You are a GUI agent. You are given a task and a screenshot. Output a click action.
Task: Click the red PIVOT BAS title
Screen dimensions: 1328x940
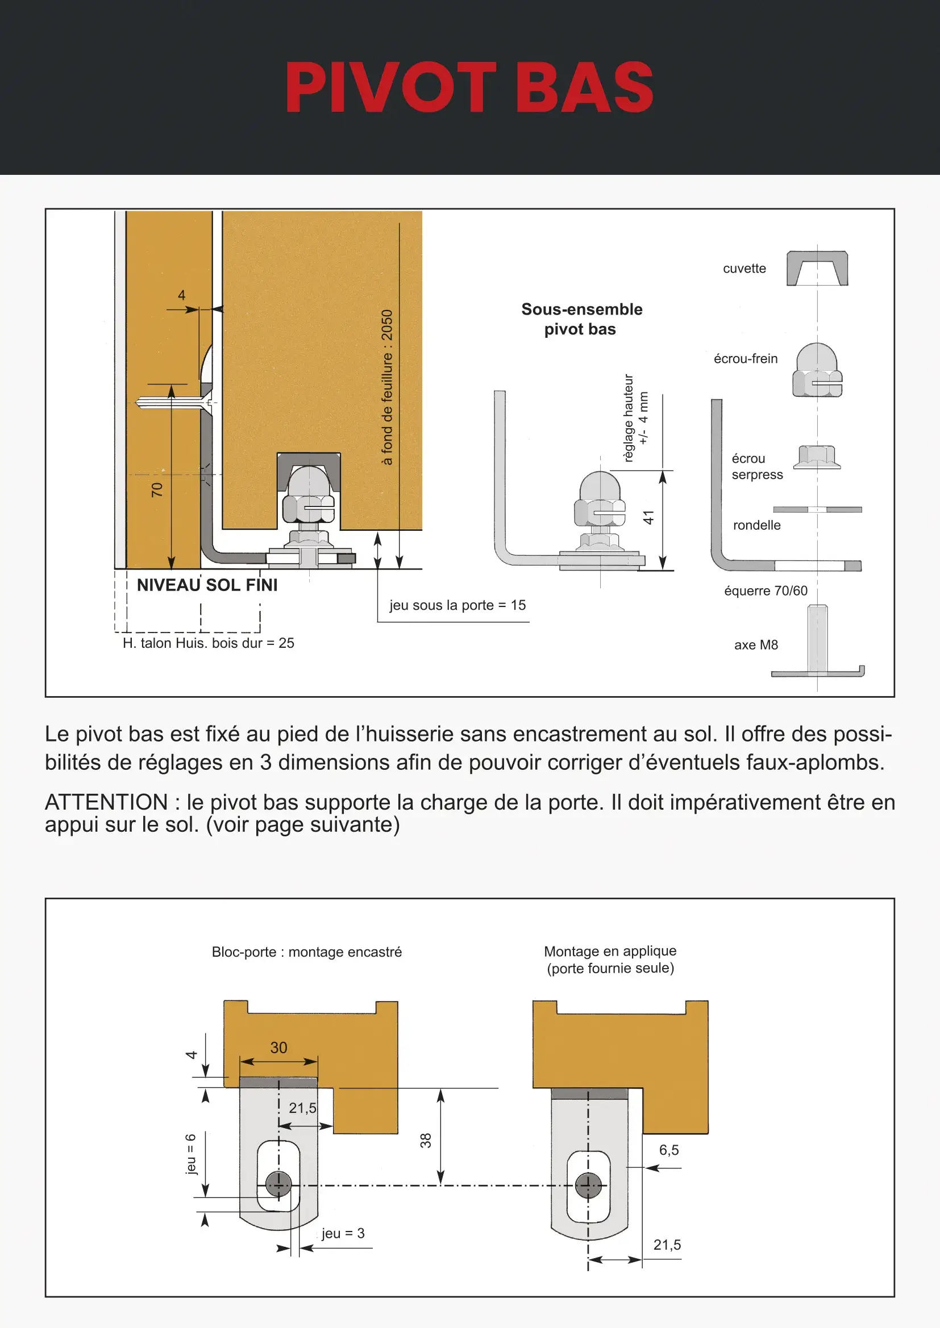(469, 87)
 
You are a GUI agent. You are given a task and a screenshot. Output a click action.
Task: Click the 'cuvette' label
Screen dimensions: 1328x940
(744, 269)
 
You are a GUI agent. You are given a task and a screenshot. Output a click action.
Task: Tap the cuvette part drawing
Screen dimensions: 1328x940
(817, 268)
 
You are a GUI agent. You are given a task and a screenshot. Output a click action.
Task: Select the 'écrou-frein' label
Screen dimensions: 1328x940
(745, 359)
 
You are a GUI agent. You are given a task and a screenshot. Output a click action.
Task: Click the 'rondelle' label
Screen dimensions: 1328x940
(756, 525)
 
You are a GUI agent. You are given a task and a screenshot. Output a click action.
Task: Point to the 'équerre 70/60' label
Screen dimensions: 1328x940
(765, 590)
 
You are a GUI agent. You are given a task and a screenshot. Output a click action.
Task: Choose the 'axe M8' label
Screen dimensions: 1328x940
(755, 645)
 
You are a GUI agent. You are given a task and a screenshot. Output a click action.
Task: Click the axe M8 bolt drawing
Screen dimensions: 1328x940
(817, 642)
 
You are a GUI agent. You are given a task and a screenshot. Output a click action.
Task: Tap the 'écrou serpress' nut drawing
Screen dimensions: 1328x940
(816, 457)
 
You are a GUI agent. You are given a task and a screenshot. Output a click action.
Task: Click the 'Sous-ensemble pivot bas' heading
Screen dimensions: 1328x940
(581, 319)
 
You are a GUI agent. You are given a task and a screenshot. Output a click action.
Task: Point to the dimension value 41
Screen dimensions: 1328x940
(648, 517)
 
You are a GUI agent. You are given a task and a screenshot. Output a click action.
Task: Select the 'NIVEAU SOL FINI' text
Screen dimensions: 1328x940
(207, 585)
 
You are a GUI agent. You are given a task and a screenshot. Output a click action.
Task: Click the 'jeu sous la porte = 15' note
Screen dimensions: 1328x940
(457, 605)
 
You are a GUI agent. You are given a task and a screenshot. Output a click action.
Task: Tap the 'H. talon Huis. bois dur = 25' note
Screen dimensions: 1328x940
(209, 643)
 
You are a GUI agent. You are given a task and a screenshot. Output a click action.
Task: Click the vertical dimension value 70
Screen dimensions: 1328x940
(157, 490)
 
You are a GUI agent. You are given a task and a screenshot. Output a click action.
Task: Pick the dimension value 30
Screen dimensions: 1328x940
(278, 1048)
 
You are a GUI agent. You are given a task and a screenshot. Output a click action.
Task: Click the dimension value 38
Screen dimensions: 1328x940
(426, 1141)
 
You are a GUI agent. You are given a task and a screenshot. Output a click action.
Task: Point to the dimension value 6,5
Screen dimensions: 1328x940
(668, 1150)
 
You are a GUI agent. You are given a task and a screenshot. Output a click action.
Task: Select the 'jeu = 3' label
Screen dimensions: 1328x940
(343, 1233)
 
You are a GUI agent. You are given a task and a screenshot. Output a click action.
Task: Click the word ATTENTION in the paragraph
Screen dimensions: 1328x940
(106, 802)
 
